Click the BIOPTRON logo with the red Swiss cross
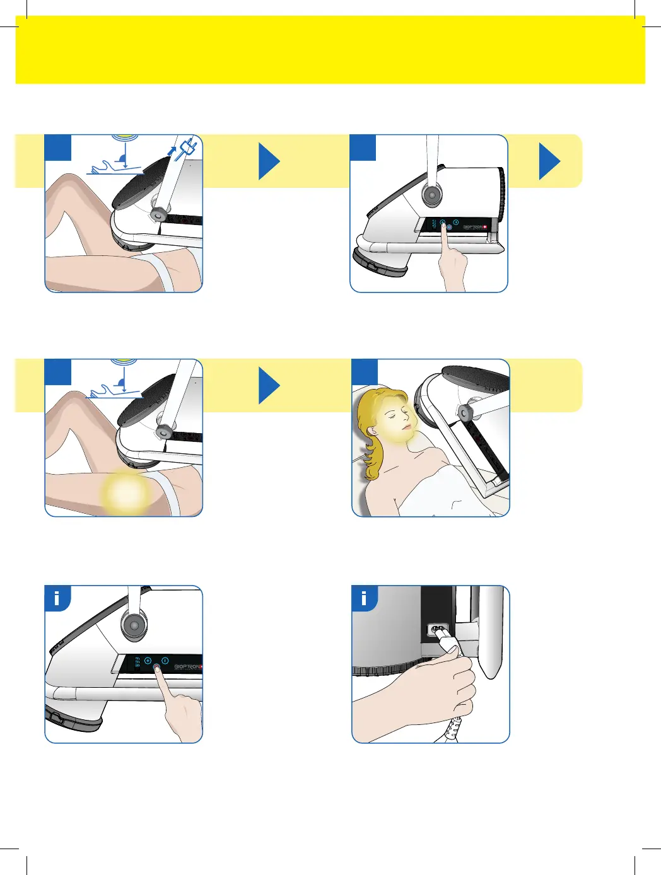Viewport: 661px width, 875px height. pyautogui.click(x=475, y=227)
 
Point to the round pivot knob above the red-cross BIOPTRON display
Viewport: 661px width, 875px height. pyautogui.click(x=432, y=195)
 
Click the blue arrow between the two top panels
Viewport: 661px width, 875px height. pyautogui.click(x=269, y=161)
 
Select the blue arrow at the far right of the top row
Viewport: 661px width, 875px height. pyautogui.click(x=549, y=161)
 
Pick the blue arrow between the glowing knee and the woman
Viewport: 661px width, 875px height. pyautogui.click(x=269, y=386)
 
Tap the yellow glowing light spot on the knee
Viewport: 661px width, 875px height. pyautogui.click(x=126, y=492)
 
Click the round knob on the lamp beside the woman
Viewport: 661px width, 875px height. pyautogui.click(x=467, y=414)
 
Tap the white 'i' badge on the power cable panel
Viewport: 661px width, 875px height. pyautogui.click(x=364, y=598)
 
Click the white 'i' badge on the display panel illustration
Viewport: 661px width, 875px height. pyautogui.click(x=57, y=598)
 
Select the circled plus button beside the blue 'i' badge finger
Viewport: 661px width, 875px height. pyautogui.click(x=148, y=661)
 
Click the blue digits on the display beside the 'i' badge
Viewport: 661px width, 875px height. pyautogui.click(x=137, y=663)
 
